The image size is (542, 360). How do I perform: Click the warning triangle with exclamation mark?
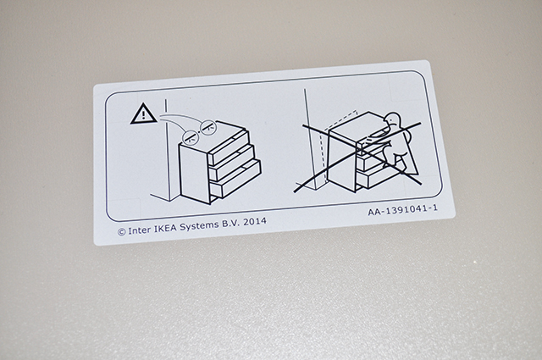143,114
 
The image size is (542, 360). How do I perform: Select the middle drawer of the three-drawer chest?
232,163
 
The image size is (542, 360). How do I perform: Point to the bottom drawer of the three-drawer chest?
235,180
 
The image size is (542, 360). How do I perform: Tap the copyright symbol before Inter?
121,232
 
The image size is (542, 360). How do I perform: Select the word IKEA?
165,228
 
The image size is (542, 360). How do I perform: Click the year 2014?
255,220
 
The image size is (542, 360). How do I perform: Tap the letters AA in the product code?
374,211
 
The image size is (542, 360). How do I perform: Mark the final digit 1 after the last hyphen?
435,208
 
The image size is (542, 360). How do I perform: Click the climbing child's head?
393,120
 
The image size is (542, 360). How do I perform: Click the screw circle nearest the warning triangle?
190,137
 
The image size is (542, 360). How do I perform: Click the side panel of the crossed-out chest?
341,160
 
